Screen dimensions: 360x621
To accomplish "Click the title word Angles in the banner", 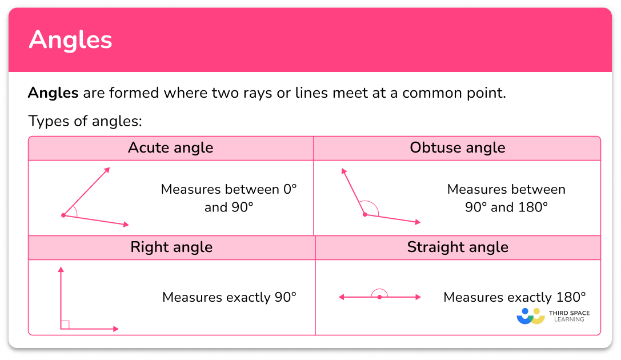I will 70,40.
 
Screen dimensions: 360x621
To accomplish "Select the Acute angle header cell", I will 170,148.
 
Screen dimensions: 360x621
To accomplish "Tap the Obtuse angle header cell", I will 457,148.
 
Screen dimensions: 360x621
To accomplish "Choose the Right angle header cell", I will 171,247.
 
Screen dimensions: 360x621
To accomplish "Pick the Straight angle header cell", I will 458,247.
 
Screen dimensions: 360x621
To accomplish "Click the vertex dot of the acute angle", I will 63,215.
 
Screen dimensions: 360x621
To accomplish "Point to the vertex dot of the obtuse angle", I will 364,214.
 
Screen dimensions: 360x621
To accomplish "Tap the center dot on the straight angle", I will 379,297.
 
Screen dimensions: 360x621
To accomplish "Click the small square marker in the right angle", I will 65,325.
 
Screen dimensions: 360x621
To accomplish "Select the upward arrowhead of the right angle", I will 61,269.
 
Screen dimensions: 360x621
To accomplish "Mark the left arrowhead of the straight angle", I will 341,297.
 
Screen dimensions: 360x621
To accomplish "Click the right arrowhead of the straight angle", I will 418,297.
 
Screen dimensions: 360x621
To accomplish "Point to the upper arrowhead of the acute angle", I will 107,170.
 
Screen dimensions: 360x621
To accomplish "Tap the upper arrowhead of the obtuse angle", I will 343,171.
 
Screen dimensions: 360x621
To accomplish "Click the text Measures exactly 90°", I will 229,297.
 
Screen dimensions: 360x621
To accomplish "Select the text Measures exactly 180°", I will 514,297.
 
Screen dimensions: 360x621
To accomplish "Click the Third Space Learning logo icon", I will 531,316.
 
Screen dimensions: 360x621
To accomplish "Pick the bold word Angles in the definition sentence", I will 53,93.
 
